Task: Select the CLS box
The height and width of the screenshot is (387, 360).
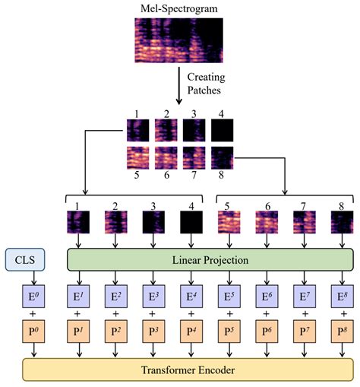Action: [24, 260]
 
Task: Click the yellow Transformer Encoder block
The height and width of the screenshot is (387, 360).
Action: [188, 370]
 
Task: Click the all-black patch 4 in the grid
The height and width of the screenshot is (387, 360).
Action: [220, 131]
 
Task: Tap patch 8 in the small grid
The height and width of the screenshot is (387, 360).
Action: [220, 158]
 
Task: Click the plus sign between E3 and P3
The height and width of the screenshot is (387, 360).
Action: [152, 313]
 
